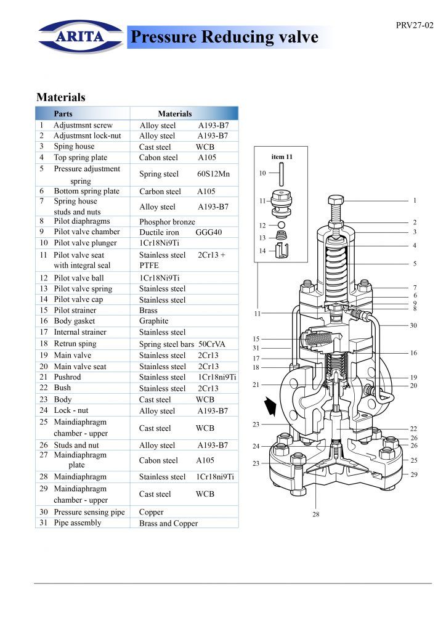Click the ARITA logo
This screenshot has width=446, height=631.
81,36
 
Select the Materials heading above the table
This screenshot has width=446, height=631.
60,97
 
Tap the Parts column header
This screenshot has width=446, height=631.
63,113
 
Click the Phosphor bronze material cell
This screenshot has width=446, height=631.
167,221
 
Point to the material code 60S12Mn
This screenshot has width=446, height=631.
213,174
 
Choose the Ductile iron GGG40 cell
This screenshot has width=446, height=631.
180,232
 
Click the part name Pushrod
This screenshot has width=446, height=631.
67,377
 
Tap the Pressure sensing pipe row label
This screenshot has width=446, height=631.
89,512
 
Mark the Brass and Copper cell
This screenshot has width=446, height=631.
168,523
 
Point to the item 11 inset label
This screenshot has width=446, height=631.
282,157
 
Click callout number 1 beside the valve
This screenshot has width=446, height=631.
415,200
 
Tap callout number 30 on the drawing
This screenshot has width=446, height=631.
413,325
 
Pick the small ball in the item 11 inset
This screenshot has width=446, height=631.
281,226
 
